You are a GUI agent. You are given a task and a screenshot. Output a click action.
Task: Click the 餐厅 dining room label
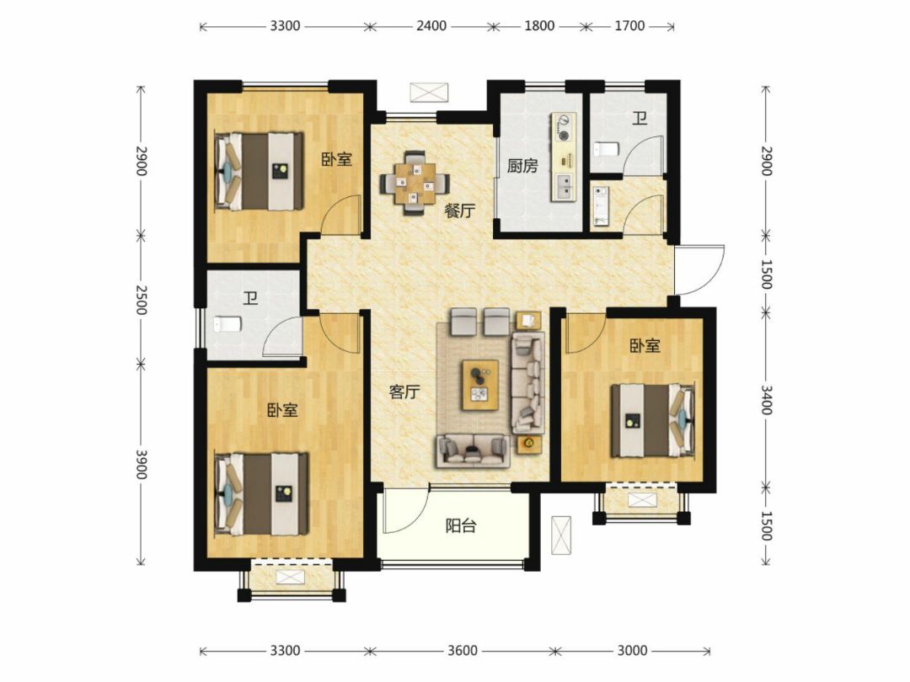coord(460,210)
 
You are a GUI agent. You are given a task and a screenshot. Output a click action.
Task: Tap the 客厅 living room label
coord(404,392)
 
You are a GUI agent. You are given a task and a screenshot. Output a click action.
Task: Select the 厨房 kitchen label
coord(522,167)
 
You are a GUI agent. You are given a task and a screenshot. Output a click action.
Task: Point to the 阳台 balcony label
coord(461,526)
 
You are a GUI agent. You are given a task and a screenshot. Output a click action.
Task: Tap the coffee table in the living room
coord(480,385)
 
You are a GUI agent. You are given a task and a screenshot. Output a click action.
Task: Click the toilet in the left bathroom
coord(227,324)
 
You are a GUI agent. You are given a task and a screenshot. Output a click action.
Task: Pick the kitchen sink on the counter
coord(564,185)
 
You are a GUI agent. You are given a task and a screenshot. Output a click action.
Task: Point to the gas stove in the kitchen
coord(564,128)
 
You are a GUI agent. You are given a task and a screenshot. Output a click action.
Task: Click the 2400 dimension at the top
coord(431,26)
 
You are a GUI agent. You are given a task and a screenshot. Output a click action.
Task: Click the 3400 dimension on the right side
coord(766,400)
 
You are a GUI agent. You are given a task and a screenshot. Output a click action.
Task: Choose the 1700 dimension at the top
coord(629,26)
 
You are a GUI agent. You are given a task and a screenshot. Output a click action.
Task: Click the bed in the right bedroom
coord(653,421)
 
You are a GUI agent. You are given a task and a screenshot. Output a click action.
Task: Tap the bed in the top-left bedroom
coord(260,172)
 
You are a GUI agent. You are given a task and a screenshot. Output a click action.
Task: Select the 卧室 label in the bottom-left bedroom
coord(282,411)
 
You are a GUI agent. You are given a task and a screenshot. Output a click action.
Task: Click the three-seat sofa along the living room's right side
coord(528,383)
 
